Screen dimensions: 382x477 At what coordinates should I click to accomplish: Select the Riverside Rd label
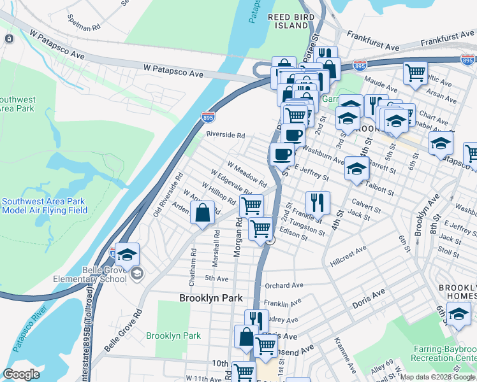click(x=225, y=135)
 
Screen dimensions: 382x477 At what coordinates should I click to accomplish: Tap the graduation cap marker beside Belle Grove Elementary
click(x=127, y=256)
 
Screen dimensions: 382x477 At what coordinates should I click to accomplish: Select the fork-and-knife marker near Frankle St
click(x=317, y=203)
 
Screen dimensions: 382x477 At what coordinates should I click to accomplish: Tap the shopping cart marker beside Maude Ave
click(x=415, y=72)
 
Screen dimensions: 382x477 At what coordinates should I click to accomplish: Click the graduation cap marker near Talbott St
click(x=356, y=169)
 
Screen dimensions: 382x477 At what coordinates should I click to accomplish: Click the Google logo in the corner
click(x=21, y=374)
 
